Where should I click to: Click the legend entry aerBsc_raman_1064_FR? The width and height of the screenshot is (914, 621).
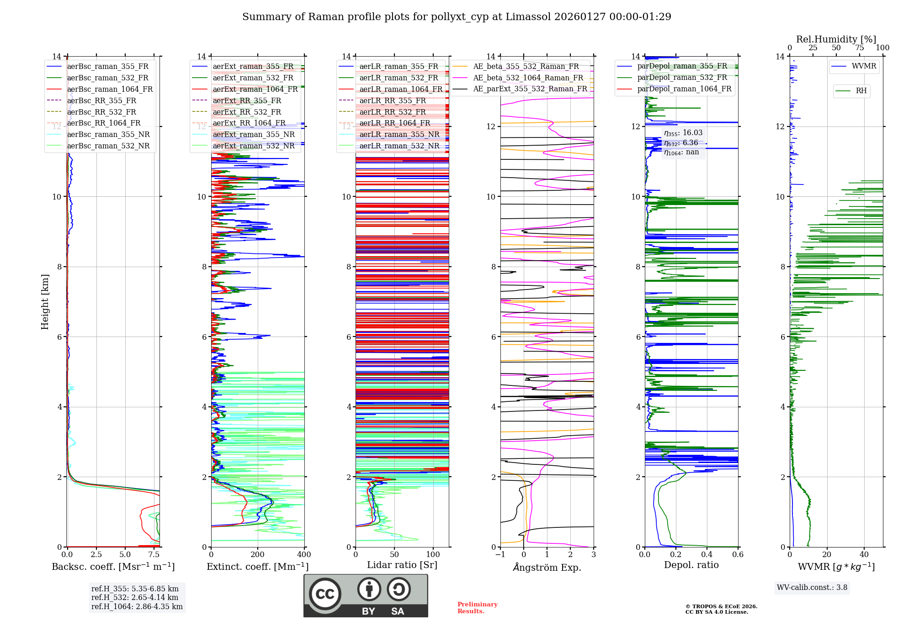tap(110, 89)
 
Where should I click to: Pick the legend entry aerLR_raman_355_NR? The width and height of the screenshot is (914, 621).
tap(399, 134)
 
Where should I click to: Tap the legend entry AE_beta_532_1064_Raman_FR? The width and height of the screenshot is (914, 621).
tap(528, 78)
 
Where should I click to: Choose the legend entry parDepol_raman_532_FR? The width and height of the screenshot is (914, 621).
tap(682, 78)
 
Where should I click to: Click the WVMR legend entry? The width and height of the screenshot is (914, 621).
tap(863, 66)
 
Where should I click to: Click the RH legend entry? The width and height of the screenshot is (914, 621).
tap(861, 91)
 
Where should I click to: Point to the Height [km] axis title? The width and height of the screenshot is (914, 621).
tap(45, 301)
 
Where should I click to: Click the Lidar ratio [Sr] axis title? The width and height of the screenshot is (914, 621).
tap(402, 565)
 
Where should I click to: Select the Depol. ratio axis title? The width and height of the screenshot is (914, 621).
tap(691, 565)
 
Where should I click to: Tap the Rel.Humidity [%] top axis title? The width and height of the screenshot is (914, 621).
tap(836, 39)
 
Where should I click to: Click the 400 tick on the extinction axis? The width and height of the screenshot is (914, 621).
tap(304, 554)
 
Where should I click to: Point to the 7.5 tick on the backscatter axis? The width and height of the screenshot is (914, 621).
tap(154, 554)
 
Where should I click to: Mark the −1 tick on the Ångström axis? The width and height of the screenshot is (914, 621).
tap(500, 554)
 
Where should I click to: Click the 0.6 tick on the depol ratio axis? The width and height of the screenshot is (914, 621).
tap(738, 554)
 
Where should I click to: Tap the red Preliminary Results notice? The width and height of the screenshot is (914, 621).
tap(477, 607)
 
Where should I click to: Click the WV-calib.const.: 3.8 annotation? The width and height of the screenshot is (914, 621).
tap(812, 587)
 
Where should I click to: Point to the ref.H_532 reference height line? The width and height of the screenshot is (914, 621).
tap(135, 597)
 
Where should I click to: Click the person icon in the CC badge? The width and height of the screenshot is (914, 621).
tap(369, 589)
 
